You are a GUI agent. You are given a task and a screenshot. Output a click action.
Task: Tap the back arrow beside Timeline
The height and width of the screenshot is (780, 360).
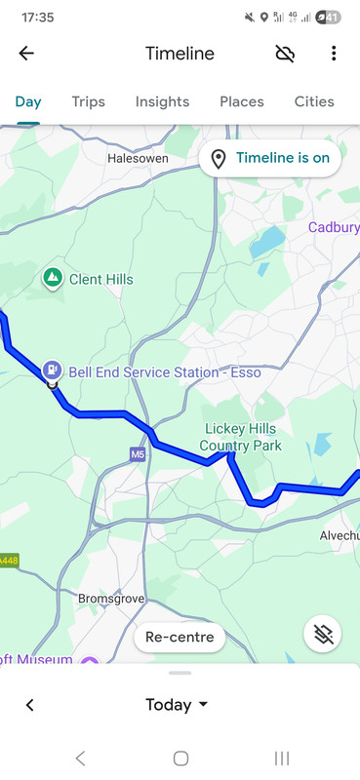tap(26, 54)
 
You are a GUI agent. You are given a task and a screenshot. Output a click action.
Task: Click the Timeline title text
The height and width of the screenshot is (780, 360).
tap(180, 54)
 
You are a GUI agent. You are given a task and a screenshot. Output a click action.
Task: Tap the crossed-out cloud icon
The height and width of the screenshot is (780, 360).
tap(285, 54)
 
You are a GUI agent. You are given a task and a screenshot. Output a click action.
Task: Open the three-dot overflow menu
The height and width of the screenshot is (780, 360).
tap(334, 54)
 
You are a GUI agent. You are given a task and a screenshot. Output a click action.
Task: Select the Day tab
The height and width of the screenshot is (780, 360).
tap(28, 101)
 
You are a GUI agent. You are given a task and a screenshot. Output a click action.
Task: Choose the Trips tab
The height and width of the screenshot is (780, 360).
tap(88, 101)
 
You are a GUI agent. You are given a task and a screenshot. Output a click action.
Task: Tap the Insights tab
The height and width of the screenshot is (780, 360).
tap(162, 101)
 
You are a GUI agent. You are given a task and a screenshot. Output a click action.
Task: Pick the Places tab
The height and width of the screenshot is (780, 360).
tap(241, 101)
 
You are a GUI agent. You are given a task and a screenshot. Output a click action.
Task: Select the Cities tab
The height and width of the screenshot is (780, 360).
tap(314, 101)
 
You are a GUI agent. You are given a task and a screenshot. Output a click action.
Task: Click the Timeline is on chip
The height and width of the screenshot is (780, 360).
tap(269, 158)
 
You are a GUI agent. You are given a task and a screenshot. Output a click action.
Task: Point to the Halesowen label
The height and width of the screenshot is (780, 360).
tap(138, 157)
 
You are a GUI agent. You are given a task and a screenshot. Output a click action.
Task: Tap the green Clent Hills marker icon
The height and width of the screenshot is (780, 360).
tap(53, 279)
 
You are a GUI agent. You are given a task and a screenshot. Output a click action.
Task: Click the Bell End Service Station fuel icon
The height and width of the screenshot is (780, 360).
tap(52, 370)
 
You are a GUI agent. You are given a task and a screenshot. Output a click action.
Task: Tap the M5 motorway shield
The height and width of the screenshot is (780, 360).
tap(138, 454)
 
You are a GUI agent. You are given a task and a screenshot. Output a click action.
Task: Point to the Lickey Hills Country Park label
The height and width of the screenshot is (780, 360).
tap(240, 437)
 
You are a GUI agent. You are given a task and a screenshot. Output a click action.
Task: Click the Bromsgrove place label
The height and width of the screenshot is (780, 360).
tap(111, 597)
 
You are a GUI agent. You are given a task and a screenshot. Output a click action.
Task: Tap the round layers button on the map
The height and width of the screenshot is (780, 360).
tap(322, 634)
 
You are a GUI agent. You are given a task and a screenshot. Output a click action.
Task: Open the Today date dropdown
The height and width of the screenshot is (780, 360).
tap(178, 705)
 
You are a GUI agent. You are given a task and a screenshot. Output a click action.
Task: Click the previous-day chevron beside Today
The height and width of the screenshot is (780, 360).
tap(29, 705)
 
